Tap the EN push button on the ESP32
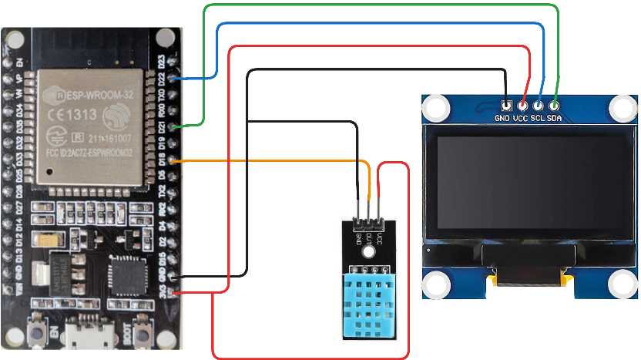pos(35,335)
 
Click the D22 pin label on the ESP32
pos(161,79)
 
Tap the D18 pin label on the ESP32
pos(161,160)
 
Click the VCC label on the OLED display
pos(522,119)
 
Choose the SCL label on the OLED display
pos(539,119)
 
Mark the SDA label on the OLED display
pos(555,119)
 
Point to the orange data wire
pos(270,160)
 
